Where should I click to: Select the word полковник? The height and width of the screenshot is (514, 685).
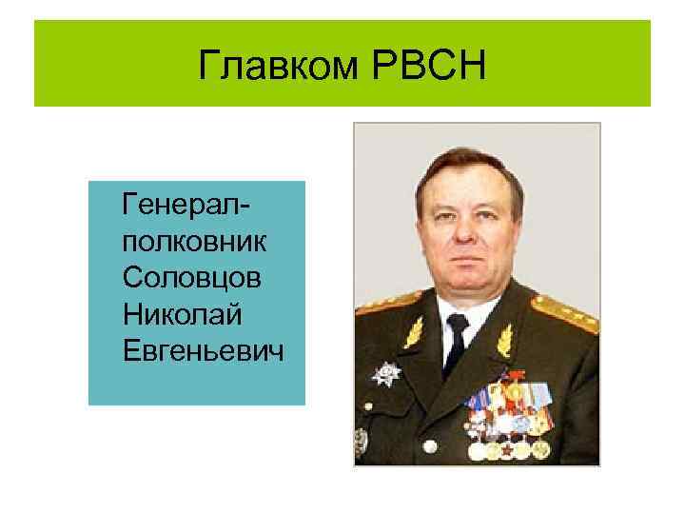(x=194, y=243)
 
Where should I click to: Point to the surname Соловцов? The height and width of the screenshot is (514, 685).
(x=192, y=279)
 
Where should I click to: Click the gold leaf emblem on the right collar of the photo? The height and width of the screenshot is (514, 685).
(x=504, y=338)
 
